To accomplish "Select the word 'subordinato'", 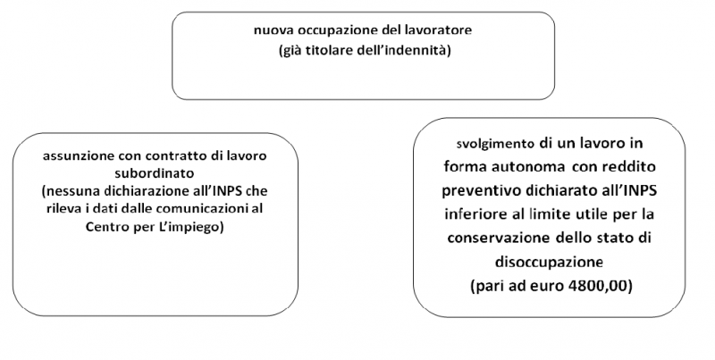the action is [155, 173].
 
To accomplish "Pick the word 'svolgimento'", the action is [495, 144].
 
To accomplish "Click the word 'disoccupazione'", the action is [549, 263].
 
